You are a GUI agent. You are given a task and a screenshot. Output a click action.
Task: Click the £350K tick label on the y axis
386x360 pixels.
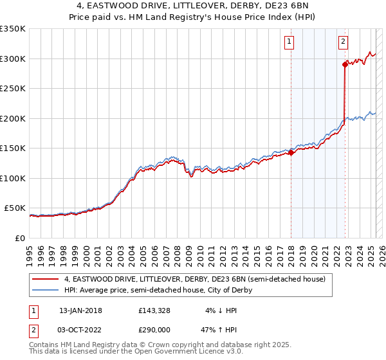[x=13, y=29]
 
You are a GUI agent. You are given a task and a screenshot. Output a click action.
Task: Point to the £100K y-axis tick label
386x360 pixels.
[x=13, y=178]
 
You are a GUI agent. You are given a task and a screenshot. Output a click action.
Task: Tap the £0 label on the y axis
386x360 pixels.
[x=20, y=238]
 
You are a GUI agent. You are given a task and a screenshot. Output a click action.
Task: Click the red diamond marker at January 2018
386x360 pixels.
[x=291, y=152]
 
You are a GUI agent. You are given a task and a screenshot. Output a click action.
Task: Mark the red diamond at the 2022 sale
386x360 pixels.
[x=345, y=65]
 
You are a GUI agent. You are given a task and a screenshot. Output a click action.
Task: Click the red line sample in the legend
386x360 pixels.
[x=46, y=280]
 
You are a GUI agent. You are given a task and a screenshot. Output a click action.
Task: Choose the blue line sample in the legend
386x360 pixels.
[x=46, y=290]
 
